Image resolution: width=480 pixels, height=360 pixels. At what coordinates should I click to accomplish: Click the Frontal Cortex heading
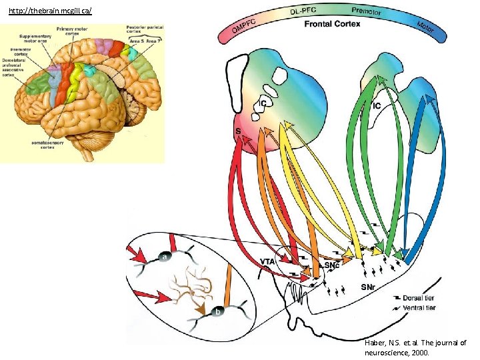(332, 24)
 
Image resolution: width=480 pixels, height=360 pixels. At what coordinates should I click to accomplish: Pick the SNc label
(333, 265)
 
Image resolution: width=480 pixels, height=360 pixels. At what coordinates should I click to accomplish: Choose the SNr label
(370, 287)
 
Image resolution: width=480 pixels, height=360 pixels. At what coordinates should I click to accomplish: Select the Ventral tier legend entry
(419, 307)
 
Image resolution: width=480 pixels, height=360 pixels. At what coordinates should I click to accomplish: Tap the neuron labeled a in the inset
(165, 255)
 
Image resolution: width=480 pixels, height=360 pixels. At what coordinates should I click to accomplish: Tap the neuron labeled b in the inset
(218, 311)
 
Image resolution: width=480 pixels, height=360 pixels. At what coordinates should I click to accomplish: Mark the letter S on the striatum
(238, 131)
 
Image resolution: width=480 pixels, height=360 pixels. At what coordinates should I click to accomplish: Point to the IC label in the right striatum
(377, 105)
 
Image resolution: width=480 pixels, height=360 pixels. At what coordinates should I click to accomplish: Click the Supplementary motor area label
(34, 38)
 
